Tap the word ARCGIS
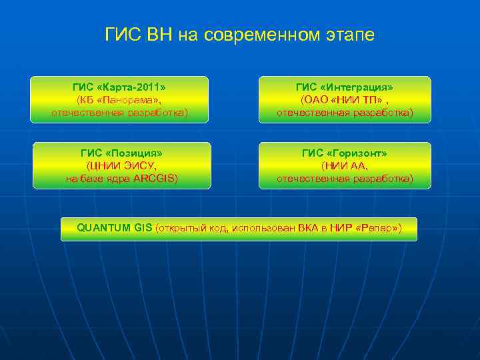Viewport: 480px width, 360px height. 154,179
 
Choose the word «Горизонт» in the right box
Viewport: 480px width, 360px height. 357,153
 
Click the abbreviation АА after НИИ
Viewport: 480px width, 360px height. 359,166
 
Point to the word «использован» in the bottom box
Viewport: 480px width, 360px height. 262,229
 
